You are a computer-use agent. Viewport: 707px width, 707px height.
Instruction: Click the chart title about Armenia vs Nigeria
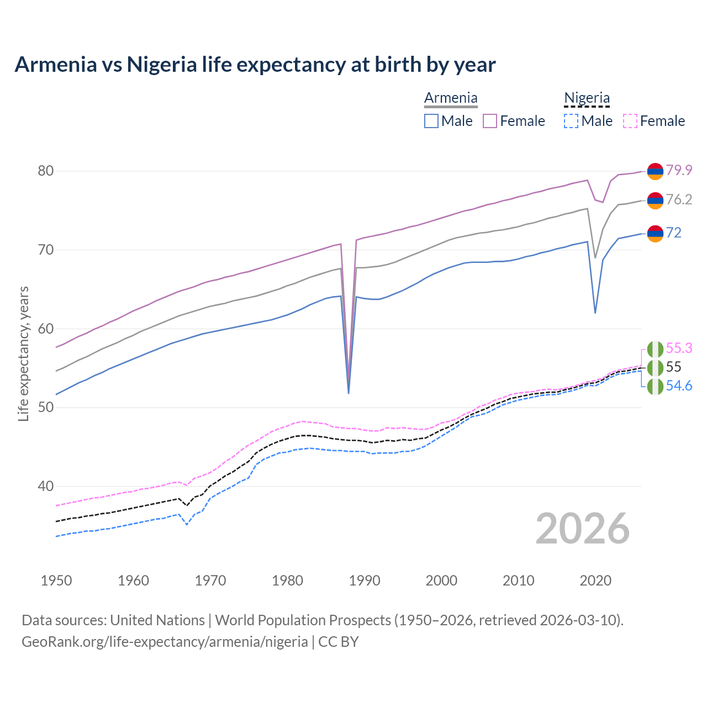tap(255, 65)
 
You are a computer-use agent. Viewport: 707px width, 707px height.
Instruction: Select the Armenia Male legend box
tap(431, 121)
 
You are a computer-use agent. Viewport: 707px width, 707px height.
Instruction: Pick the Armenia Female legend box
tap(490, 121)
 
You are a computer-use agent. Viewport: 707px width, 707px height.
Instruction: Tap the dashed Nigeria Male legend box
tap(571, 121)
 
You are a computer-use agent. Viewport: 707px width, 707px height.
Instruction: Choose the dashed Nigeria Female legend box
tap(630, 121)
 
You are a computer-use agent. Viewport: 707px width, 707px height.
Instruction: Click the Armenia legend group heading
tap(451, 98)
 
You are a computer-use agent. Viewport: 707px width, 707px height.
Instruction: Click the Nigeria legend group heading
tap(587, 98)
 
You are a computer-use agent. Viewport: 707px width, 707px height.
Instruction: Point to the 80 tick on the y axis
tap(46, 171)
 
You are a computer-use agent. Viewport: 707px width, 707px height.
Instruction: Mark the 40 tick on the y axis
tap(46, 487)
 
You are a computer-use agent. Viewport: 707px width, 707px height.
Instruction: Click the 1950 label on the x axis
tap(56, 581)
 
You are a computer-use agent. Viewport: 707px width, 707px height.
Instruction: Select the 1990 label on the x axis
tap(365, 581)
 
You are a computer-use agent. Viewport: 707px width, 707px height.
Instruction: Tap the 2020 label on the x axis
tap(595, 581)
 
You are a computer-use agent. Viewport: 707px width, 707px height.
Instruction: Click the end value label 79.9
tap(679, 170)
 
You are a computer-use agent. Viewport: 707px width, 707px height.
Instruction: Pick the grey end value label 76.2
tap(679, 199)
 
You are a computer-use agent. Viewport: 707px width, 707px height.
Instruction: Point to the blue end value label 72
tap(674, 233)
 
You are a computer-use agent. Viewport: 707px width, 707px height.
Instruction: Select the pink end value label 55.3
tap(679, 348)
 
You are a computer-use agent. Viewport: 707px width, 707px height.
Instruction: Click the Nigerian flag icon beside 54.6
tap(655, 387)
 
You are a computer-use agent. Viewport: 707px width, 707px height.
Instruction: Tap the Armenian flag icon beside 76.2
tap(655, 201)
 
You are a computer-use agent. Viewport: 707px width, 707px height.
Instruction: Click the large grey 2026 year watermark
tap(583, 529)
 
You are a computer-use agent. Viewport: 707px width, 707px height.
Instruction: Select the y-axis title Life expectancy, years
tap(24, 353)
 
